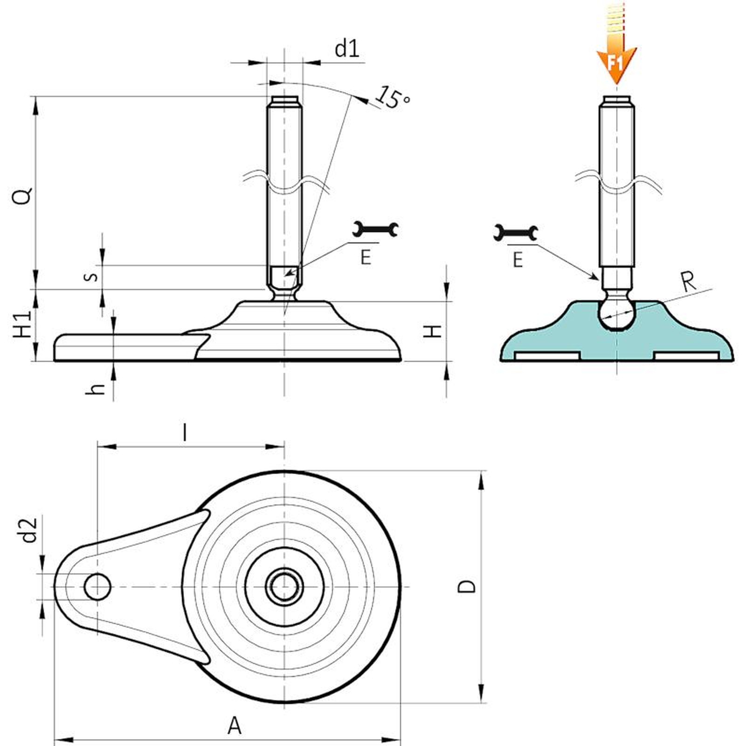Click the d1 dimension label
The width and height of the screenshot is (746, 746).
(347, 48)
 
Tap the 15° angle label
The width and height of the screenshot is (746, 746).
(393, 97)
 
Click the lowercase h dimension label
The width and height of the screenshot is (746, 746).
(96, 388)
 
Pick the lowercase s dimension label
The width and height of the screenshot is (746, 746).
(91, 276)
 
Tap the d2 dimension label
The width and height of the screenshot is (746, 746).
(29, 530)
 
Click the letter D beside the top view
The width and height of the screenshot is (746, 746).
(467, 586)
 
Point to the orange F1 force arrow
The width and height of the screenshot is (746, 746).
(616, 56)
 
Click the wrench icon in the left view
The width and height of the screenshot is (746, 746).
(375, 229)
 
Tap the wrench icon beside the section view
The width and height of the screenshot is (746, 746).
(516, 232)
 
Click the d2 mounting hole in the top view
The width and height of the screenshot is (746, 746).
(97, 587)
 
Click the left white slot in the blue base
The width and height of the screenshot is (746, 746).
(546, 356)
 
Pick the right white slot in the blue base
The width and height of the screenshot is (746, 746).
(686, 356)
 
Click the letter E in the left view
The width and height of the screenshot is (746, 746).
(366, 257)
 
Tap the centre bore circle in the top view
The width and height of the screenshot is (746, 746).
(284, 586)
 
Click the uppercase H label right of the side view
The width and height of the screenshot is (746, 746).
(433, 332)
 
